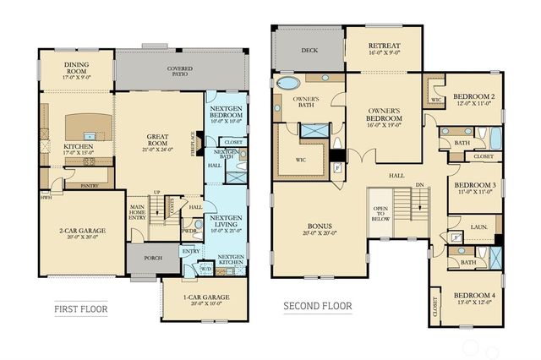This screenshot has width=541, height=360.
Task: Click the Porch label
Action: (154, 259)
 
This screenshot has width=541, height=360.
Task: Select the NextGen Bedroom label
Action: (226, 115)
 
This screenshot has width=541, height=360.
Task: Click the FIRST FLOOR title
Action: (80, 308)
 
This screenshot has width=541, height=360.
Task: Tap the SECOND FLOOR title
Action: (317, 306)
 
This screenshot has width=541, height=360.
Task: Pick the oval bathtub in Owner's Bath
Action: (289, 84)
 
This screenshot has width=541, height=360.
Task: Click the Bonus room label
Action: (319, 228)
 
